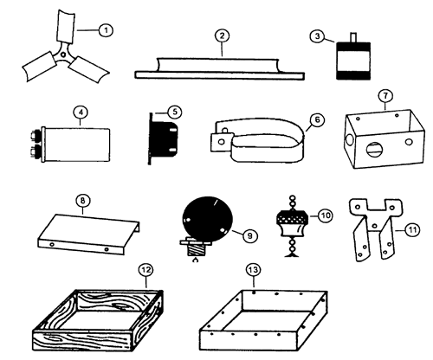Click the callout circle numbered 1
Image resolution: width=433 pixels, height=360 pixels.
[x=106, y=30]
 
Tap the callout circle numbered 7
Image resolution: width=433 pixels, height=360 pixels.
[x=386, y=96]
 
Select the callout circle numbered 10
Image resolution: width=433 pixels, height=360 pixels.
[x=326, y=215]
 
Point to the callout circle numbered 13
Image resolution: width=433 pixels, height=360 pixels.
[x=253, y=270]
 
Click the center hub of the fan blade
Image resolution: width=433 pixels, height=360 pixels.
[x=63, y=55]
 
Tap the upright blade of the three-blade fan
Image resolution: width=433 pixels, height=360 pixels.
[x=66, y=27]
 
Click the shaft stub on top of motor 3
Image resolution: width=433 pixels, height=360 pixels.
[x=353, y=37]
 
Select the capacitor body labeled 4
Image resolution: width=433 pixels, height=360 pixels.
[x=76, y=145]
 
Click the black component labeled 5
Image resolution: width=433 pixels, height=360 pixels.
[x=164, y=139]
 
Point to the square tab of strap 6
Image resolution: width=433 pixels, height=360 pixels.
[x=222, y=142]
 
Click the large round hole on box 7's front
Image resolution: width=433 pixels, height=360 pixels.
[x=373, y=150]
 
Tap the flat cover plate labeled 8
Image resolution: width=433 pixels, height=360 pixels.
[x=88, y=235]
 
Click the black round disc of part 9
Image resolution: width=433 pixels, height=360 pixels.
[x=207, y=219]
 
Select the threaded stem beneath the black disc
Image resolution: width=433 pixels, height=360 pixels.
[x=196, y=249]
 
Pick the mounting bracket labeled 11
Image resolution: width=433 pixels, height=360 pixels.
[x=374, y=229]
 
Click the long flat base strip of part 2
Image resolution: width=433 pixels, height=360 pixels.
[x=219, y=75]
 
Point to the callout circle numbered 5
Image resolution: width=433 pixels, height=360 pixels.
[x=175, y=112]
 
